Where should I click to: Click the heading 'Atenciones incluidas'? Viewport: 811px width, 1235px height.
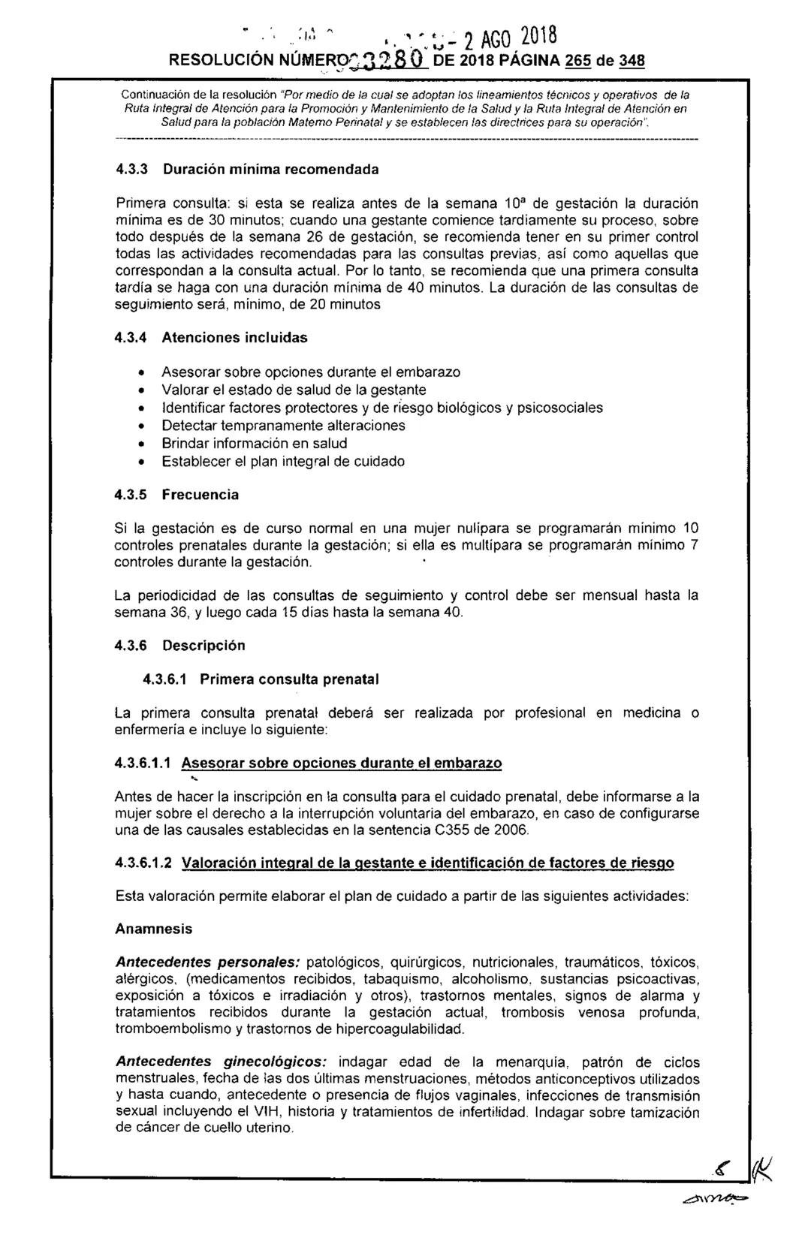pos(235,338)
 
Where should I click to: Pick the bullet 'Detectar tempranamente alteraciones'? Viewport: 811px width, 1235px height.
pos(283,426)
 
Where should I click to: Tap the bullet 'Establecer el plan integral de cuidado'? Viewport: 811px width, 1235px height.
pos(283,462)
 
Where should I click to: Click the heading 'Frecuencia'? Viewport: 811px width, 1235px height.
pos(200,495)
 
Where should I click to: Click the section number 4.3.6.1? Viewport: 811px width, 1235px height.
pos(165,679)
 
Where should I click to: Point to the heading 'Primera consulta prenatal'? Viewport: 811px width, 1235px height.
pos(289,679)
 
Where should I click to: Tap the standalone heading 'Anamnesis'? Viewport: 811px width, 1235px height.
pos(153,929)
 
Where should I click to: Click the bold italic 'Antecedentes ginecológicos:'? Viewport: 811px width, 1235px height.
pos(221,1062)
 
